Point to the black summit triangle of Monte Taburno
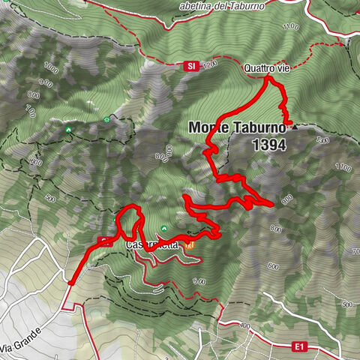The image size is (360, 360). [294, 127]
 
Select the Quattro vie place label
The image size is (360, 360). [266, 68]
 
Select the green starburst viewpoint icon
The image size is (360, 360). [107, 119]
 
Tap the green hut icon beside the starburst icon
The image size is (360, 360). [69, 129]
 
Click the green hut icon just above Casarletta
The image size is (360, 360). [164, 228]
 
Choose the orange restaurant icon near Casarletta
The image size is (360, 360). [191, 245]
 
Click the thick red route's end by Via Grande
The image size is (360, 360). [69, 283]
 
